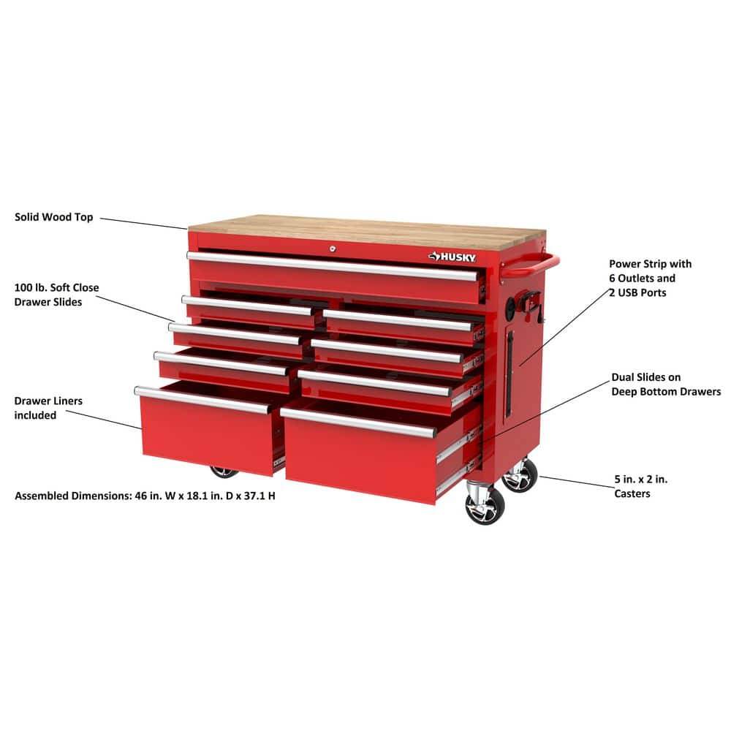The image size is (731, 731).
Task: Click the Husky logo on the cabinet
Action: [452, 257]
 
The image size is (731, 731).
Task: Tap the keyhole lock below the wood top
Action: [331, 249]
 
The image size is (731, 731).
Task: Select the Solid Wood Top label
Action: [54, 217]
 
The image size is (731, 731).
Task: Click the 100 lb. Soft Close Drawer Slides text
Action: [56, 295]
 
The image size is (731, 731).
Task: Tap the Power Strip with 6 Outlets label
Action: [650, 278]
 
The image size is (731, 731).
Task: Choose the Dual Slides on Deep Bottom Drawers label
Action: [665, 385]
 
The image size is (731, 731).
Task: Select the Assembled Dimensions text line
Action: [145, 496]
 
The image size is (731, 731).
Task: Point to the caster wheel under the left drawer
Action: [223, 471]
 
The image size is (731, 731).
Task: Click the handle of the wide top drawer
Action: [332, 265]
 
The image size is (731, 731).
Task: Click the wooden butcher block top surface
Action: [365, 229]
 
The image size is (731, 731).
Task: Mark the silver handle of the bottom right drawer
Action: [358, 423]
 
